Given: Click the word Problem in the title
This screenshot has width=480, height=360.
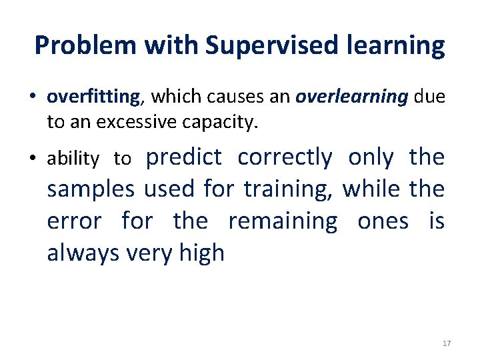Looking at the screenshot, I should click(80, 45).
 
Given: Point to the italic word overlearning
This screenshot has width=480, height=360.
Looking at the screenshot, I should click(351, 97).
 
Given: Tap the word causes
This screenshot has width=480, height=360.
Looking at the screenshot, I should click(231, 97).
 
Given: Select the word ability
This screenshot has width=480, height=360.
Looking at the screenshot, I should click(73, 159).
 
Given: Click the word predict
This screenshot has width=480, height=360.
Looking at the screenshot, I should click(183, 157).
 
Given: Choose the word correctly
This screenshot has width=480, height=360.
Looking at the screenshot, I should click(285, 157).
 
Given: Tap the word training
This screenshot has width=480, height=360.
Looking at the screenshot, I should click(289, 189).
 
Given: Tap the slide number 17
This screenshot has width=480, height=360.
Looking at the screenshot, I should click(447, 343).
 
